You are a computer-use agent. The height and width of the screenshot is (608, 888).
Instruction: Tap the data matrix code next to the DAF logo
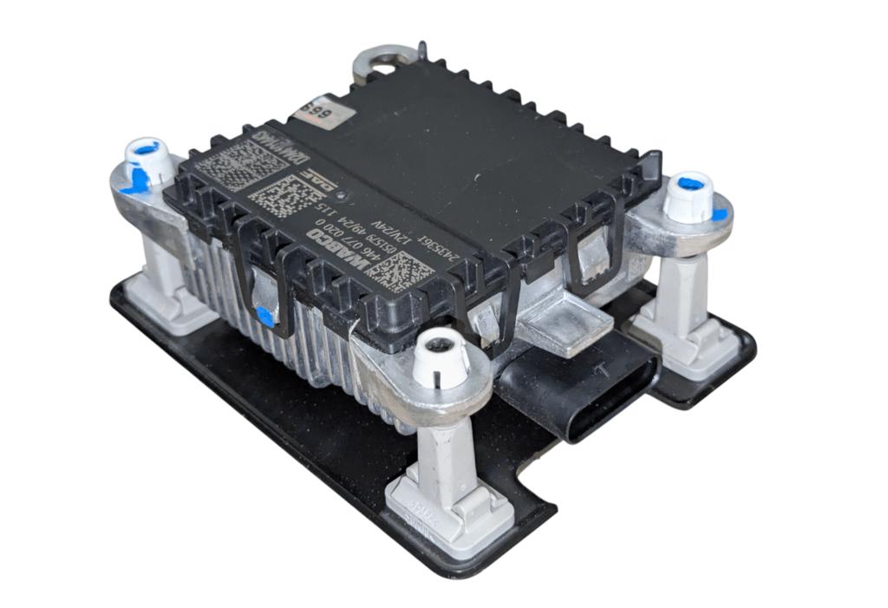[276, 196]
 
